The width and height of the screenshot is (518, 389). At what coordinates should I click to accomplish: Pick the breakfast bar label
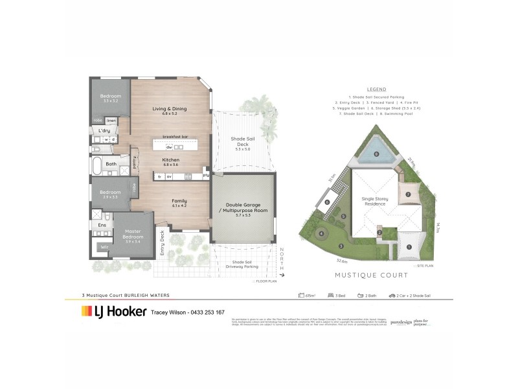pyautogui.click(x=175, y=136)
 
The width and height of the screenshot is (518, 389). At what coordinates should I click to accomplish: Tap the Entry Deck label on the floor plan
pyautogui.click(x=163, y=244)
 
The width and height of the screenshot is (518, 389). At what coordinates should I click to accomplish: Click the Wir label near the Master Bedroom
pyautogui.click(x=103, y=247)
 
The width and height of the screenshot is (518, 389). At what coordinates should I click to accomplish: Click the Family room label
pyautogui.click(x=179, y=202)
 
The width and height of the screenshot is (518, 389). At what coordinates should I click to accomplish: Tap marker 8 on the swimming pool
pyautogui.click(x=376, y=154)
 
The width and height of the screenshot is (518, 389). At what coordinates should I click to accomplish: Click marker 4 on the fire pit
pyautogui.click(x=321, y=233)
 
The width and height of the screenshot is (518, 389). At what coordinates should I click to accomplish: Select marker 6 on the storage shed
pyautogui.click(x=328, y=202)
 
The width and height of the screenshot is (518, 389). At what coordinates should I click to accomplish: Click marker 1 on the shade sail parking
pyautogui.click(x=409, y=246)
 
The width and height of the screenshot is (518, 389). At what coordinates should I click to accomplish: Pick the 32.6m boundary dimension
pyautogui.click(x=343, y=261)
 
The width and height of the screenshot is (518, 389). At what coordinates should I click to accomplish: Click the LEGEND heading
pyautogui.click(x=376, y=89)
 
